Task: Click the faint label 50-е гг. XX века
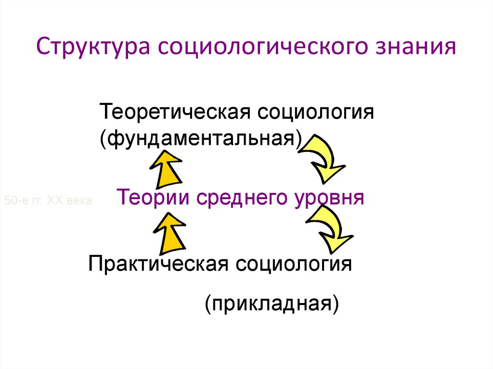pos(48,200)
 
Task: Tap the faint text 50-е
pos(14,200)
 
